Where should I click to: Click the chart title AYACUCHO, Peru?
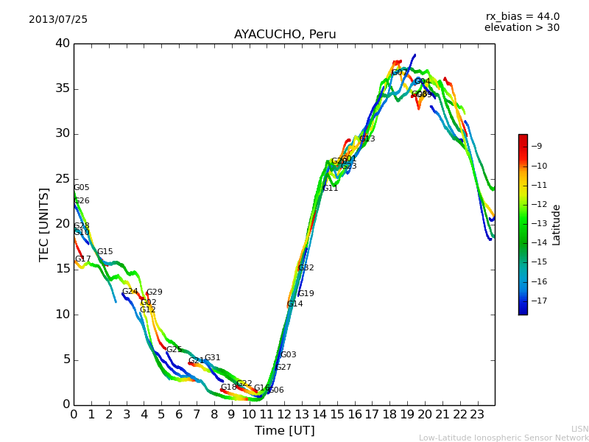pos(285,35)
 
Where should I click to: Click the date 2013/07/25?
pos(58,19)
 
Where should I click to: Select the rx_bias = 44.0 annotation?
pos(522,16)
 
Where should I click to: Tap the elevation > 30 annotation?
pos(522,28)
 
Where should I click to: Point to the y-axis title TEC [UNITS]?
pos(44,224)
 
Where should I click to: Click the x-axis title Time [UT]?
pos(284,431)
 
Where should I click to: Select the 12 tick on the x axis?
pos(284,414)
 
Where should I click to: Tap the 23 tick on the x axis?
pos(477,414)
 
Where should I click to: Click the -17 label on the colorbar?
pos(537,301)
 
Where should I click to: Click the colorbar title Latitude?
pos(557,225)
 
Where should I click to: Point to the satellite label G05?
pos(82,188)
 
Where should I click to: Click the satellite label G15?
pos(105,252)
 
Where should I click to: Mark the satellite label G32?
pos(306,268)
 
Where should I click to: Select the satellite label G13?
pos(367,139)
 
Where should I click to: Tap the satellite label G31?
pos(213,358)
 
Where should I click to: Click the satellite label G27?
pos(283,368)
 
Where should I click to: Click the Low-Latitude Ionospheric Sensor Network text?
pos(504,438)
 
